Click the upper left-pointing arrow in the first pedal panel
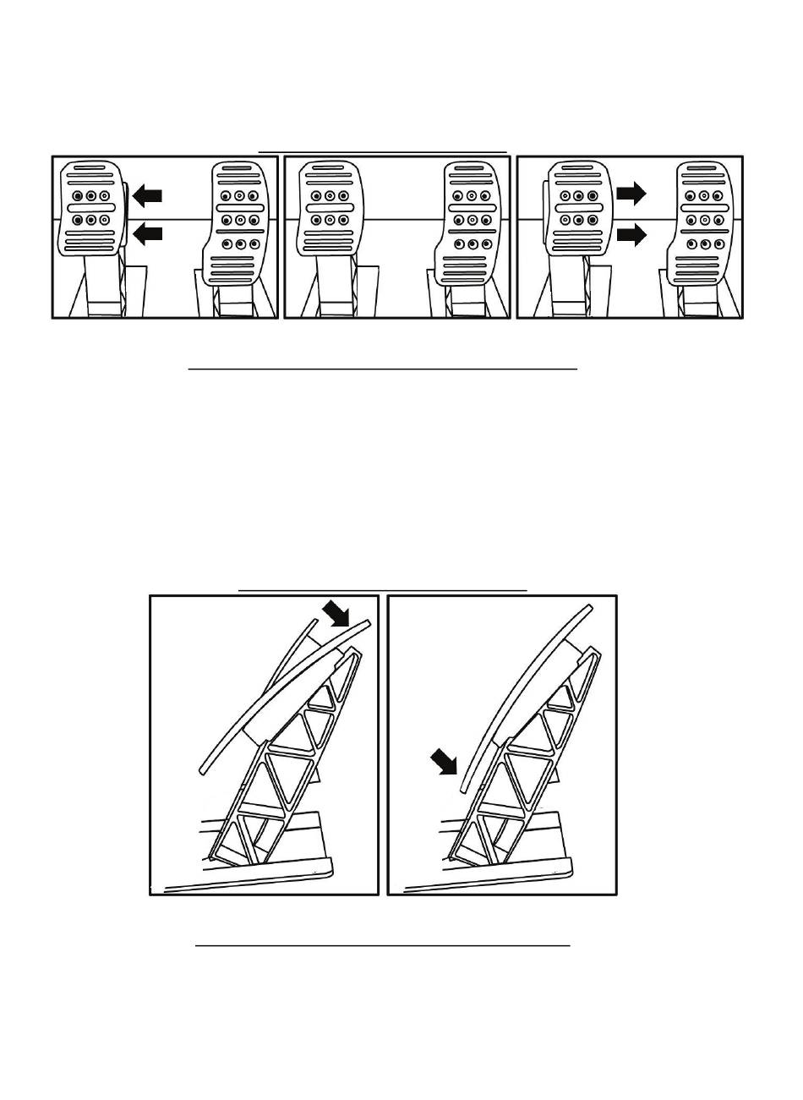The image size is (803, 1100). pyautogui.click(x=147, y=197)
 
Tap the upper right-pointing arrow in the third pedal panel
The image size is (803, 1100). pyautogui.click(x=631, y=194)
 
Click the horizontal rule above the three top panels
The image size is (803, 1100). pyautogui.click(x=382, y=153)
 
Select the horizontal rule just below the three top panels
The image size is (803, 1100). pyautogui.click(x=382, y=369)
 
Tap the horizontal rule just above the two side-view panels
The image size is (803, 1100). pyautogui.click(x=382, y=590)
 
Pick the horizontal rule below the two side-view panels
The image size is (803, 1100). pyautogui.click(x=382, y=946)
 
